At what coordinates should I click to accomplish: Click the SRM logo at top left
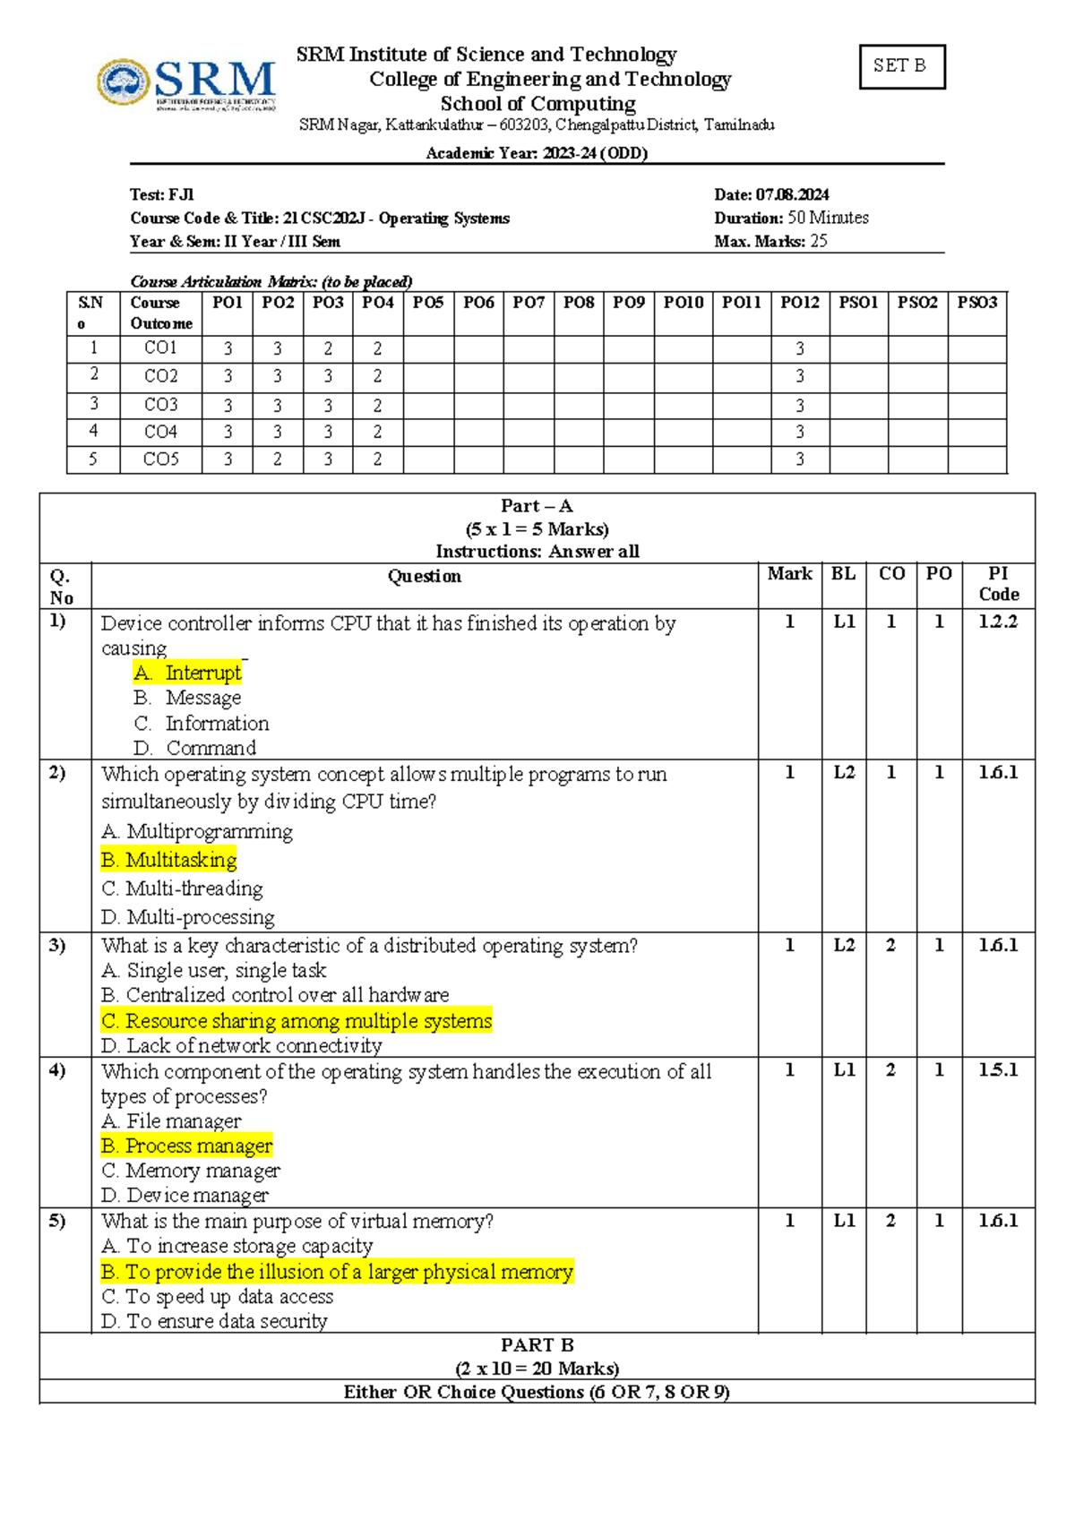[186, 82]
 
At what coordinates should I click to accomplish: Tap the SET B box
[901, 66]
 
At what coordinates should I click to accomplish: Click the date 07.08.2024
[792, 194]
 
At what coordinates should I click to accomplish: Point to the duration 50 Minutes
[827, 218]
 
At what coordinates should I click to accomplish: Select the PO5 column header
[428, 303]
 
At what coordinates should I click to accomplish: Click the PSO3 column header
[976, 303]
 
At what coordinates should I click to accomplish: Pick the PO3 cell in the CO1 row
[328, 348]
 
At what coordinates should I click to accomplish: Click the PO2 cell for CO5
[278, 459]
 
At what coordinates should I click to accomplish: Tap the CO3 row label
[161, 405]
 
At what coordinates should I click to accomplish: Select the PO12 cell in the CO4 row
[800, 432]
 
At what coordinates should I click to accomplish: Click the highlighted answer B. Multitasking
[169, 860]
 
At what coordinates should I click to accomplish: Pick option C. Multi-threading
[183, 888]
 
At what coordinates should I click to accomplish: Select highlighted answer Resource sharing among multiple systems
[297, 1021]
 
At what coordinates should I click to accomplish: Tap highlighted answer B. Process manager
[187, 1146]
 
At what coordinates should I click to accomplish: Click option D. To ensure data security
[215, 1321]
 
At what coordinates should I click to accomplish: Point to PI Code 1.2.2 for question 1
[998, 622]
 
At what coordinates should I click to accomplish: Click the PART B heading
[537, 1345]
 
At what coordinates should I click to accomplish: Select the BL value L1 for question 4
[844, 1069]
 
